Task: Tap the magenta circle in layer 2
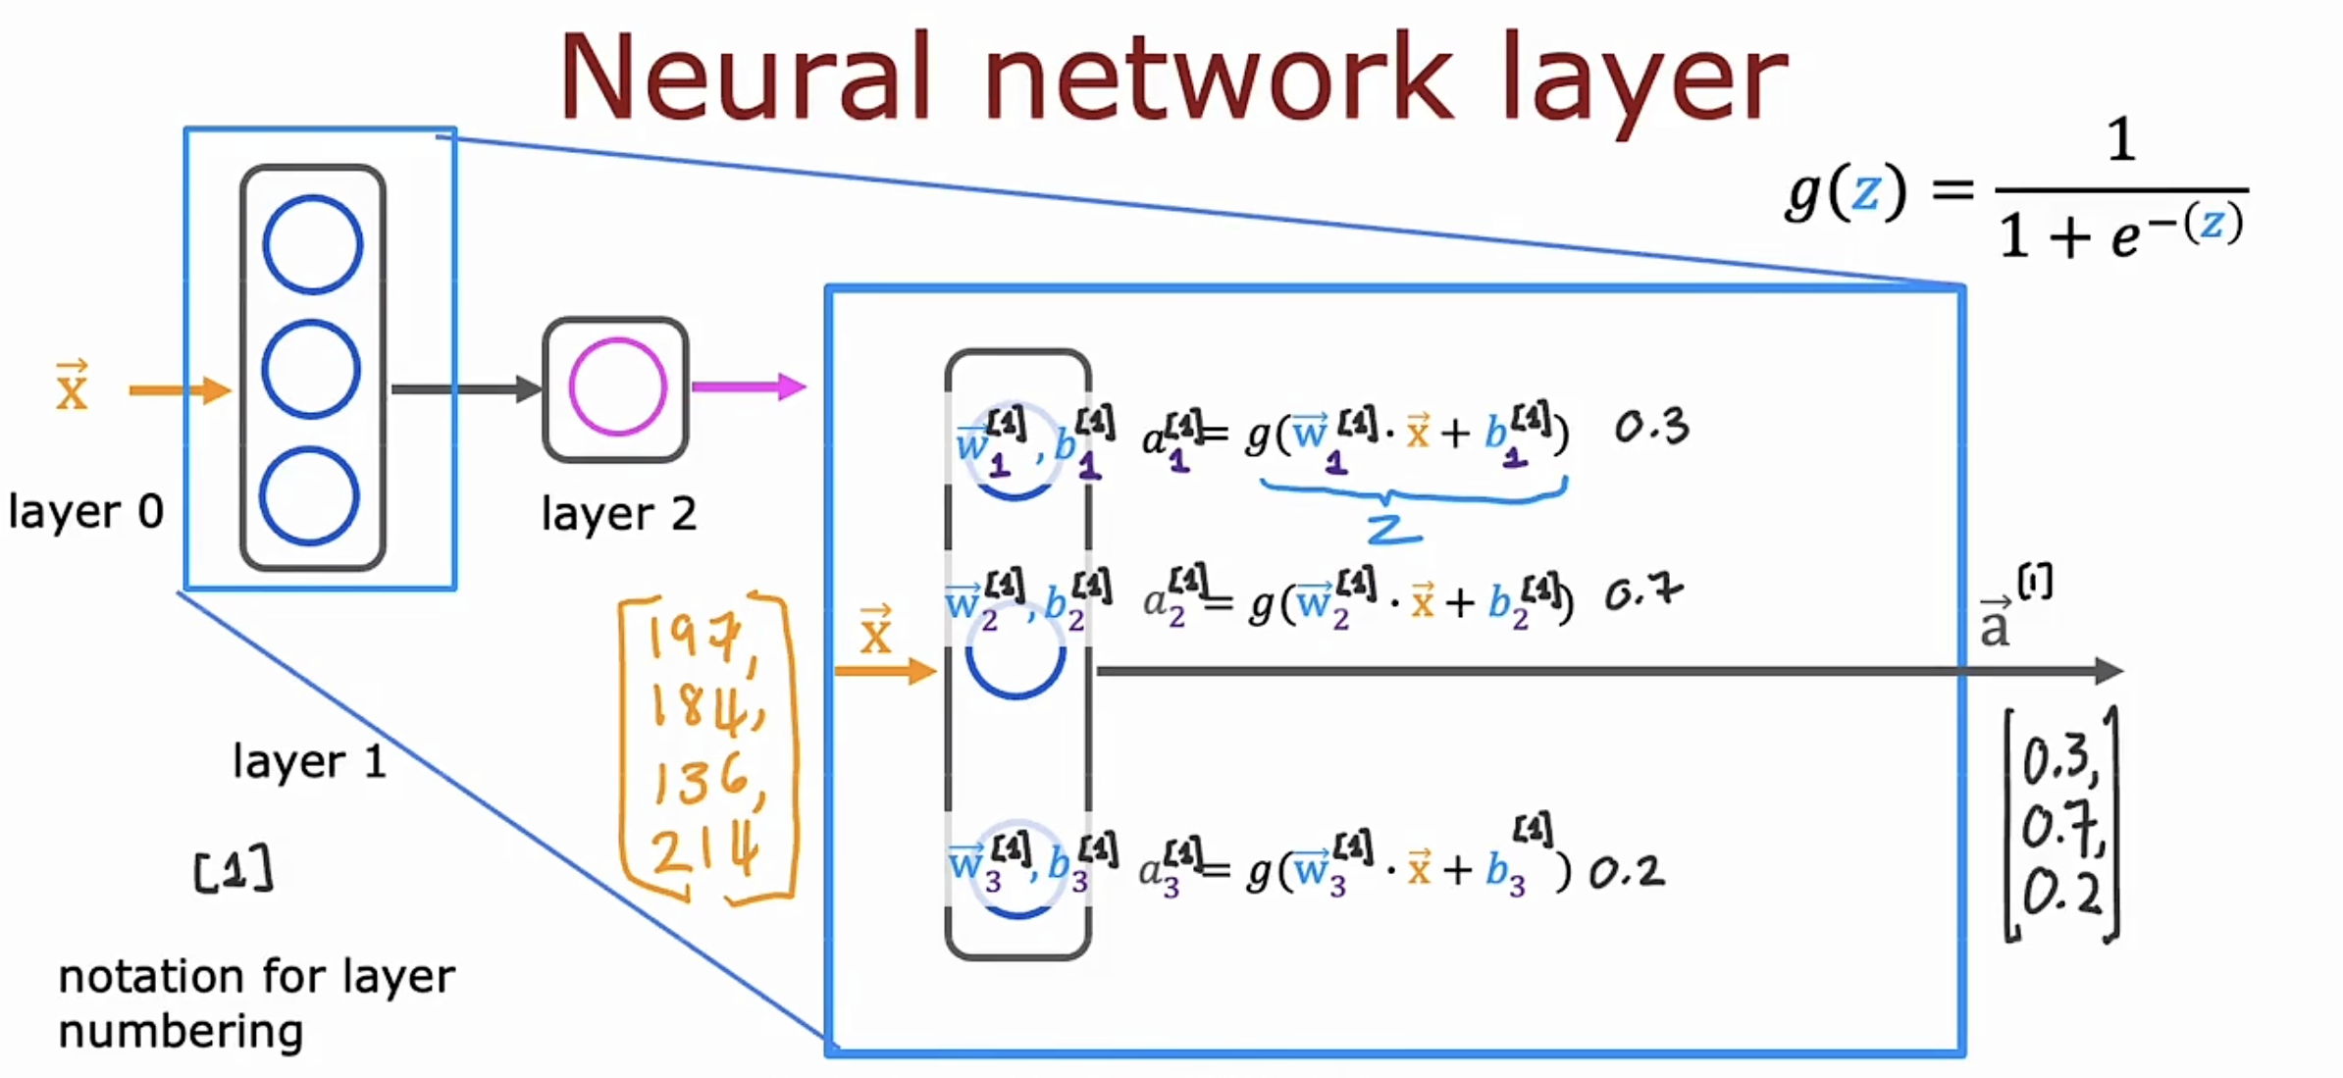[618, 386]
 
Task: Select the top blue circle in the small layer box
[312, 244]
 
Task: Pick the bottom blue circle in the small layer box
[309, 495]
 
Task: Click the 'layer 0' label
[85, 511]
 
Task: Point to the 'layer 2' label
[618, 513]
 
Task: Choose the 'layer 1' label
[309, 761]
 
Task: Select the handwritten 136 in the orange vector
[704, 780]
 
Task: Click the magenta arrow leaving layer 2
[748, 386]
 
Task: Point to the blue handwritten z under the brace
[1393, 530]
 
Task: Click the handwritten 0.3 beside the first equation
[1651, 427]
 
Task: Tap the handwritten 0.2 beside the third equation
[1627, 871]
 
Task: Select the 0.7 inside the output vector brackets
[2060, 827]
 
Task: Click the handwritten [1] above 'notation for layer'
[234, 869]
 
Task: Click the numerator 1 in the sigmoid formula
[2121, 139]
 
